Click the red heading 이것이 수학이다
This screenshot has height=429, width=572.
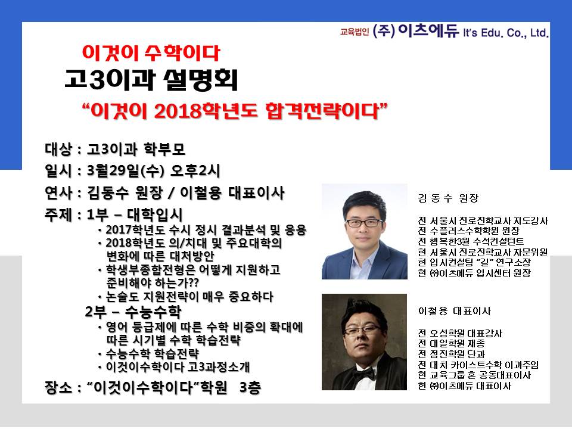151,53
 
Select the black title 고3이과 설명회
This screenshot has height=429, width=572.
151,80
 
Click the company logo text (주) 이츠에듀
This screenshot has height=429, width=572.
415,30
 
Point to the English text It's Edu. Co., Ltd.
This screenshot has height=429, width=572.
506,33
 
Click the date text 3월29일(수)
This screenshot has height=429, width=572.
128,171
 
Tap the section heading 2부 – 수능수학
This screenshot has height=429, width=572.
133,312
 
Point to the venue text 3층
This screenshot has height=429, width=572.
250,387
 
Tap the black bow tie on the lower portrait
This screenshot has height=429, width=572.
363,373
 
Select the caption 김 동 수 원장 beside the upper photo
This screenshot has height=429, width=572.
448,198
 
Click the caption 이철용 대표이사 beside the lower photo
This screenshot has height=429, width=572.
455,311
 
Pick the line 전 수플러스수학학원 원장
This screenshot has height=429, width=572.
469,231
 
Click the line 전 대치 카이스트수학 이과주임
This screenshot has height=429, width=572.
478,365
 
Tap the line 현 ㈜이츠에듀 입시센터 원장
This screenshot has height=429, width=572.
474,273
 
